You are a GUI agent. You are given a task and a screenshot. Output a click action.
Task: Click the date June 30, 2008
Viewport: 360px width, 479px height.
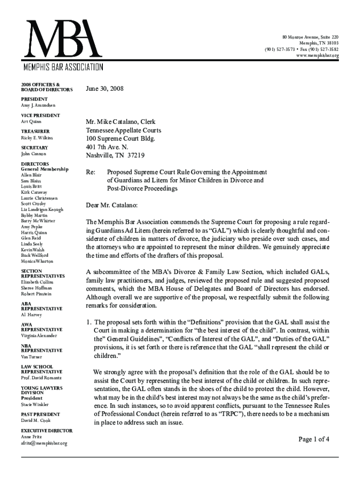click(x=105, y=88)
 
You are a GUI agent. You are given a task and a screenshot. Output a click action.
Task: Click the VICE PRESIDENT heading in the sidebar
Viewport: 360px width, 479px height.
click(x=41, y=115)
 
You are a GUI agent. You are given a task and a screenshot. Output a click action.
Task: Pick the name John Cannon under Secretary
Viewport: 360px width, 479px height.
click(x=34, y=154)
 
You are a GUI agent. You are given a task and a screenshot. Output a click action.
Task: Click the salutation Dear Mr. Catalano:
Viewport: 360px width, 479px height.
click(x=112, y=205)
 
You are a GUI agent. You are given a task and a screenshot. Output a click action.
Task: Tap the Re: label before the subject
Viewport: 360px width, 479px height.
click(x=91, y=172)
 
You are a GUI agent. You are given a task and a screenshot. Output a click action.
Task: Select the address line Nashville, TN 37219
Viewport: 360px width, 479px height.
click(x=115, y=155)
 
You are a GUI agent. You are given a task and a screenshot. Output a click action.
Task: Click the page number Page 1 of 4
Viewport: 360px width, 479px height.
click(x=314, y=439)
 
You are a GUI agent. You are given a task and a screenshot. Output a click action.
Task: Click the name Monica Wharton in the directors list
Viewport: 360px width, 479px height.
click(x=37, y=261)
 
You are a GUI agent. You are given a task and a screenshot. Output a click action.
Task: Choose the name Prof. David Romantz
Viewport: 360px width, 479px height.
click(x=41, y=377)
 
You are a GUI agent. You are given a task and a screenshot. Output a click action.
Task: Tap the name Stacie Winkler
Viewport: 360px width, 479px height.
click(x=35, y=404)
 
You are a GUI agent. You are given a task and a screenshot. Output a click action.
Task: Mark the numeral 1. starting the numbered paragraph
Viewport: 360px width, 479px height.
click(x=88, y=322)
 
